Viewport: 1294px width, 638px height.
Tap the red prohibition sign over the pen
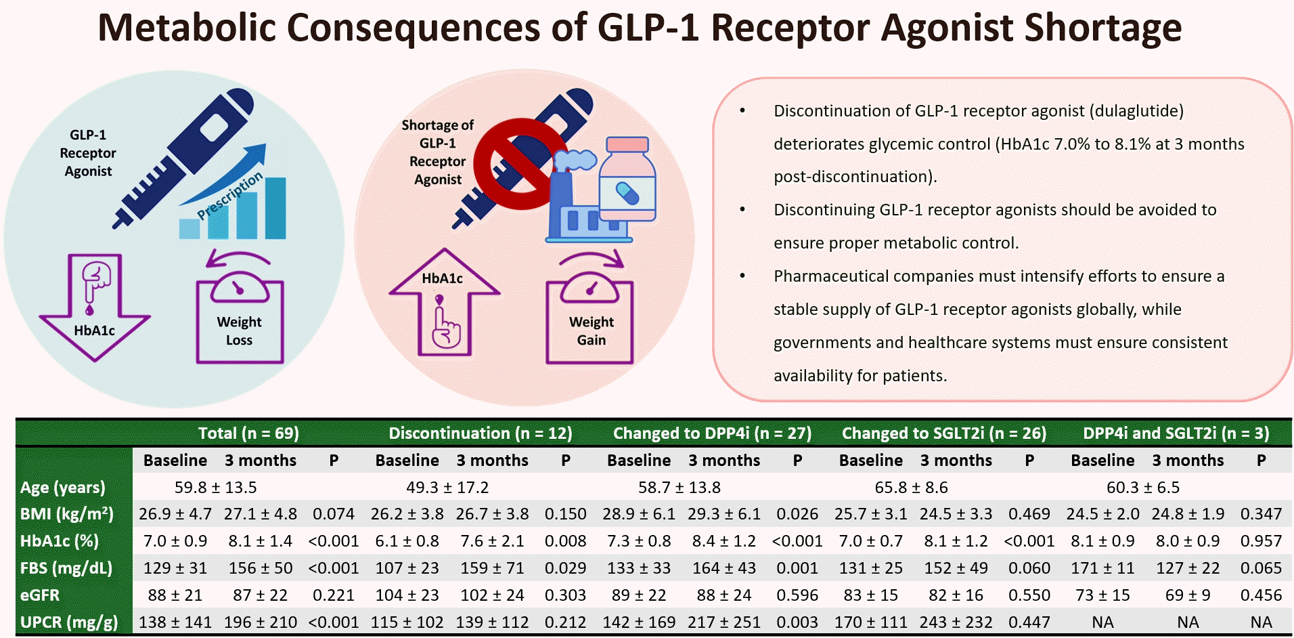[520, 165]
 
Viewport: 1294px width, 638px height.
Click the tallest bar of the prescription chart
[275, 208]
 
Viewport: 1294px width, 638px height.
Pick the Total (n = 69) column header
[248, 433]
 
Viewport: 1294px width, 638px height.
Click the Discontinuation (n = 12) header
[481, 433]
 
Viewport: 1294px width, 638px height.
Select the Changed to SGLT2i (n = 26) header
[943, 433]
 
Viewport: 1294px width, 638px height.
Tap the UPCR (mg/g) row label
[69, 622]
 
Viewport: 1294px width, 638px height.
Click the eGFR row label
[40, 595]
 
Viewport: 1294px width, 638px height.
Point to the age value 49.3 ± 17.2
[447, 488]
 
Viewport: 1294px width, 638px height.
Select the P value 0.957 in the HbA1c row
[1261, 541]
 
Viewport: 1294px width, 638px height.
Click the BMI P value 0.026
[797, 514]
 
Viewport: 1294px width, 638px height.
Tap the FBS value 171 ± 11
[1102, 568]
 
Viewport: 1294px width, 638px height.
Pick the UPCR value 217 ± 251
[724, 622]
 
